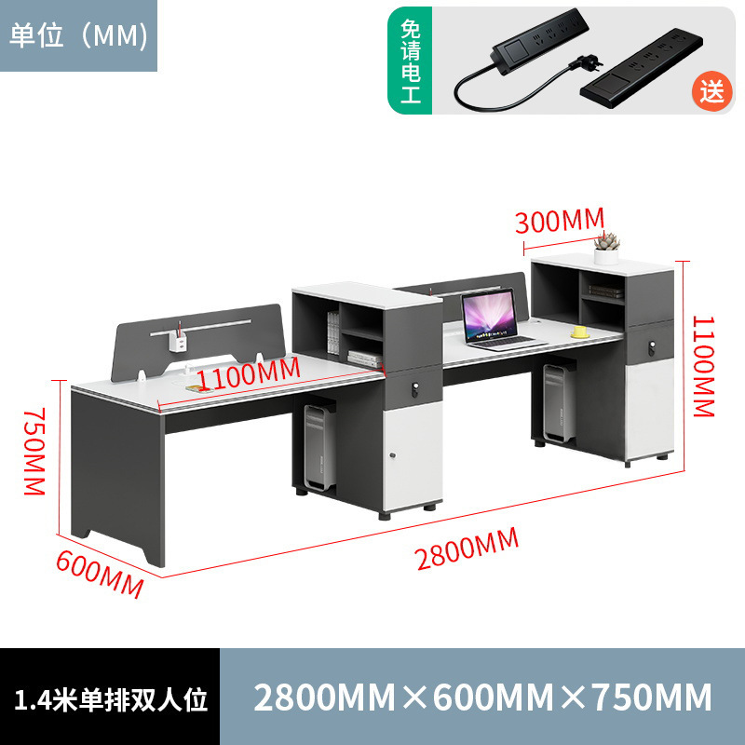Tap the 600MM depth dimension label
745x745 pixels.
100,575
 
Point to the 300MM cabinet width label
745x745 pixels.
560,221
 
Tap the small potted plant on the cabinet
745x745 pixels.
607,244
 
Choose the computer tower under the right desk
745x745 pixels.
558,405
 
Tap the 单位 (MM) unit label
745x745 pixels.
78,34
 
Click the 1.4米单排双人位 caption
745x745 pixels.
110,697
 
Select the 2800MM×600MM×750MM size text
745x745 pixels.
482,697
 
